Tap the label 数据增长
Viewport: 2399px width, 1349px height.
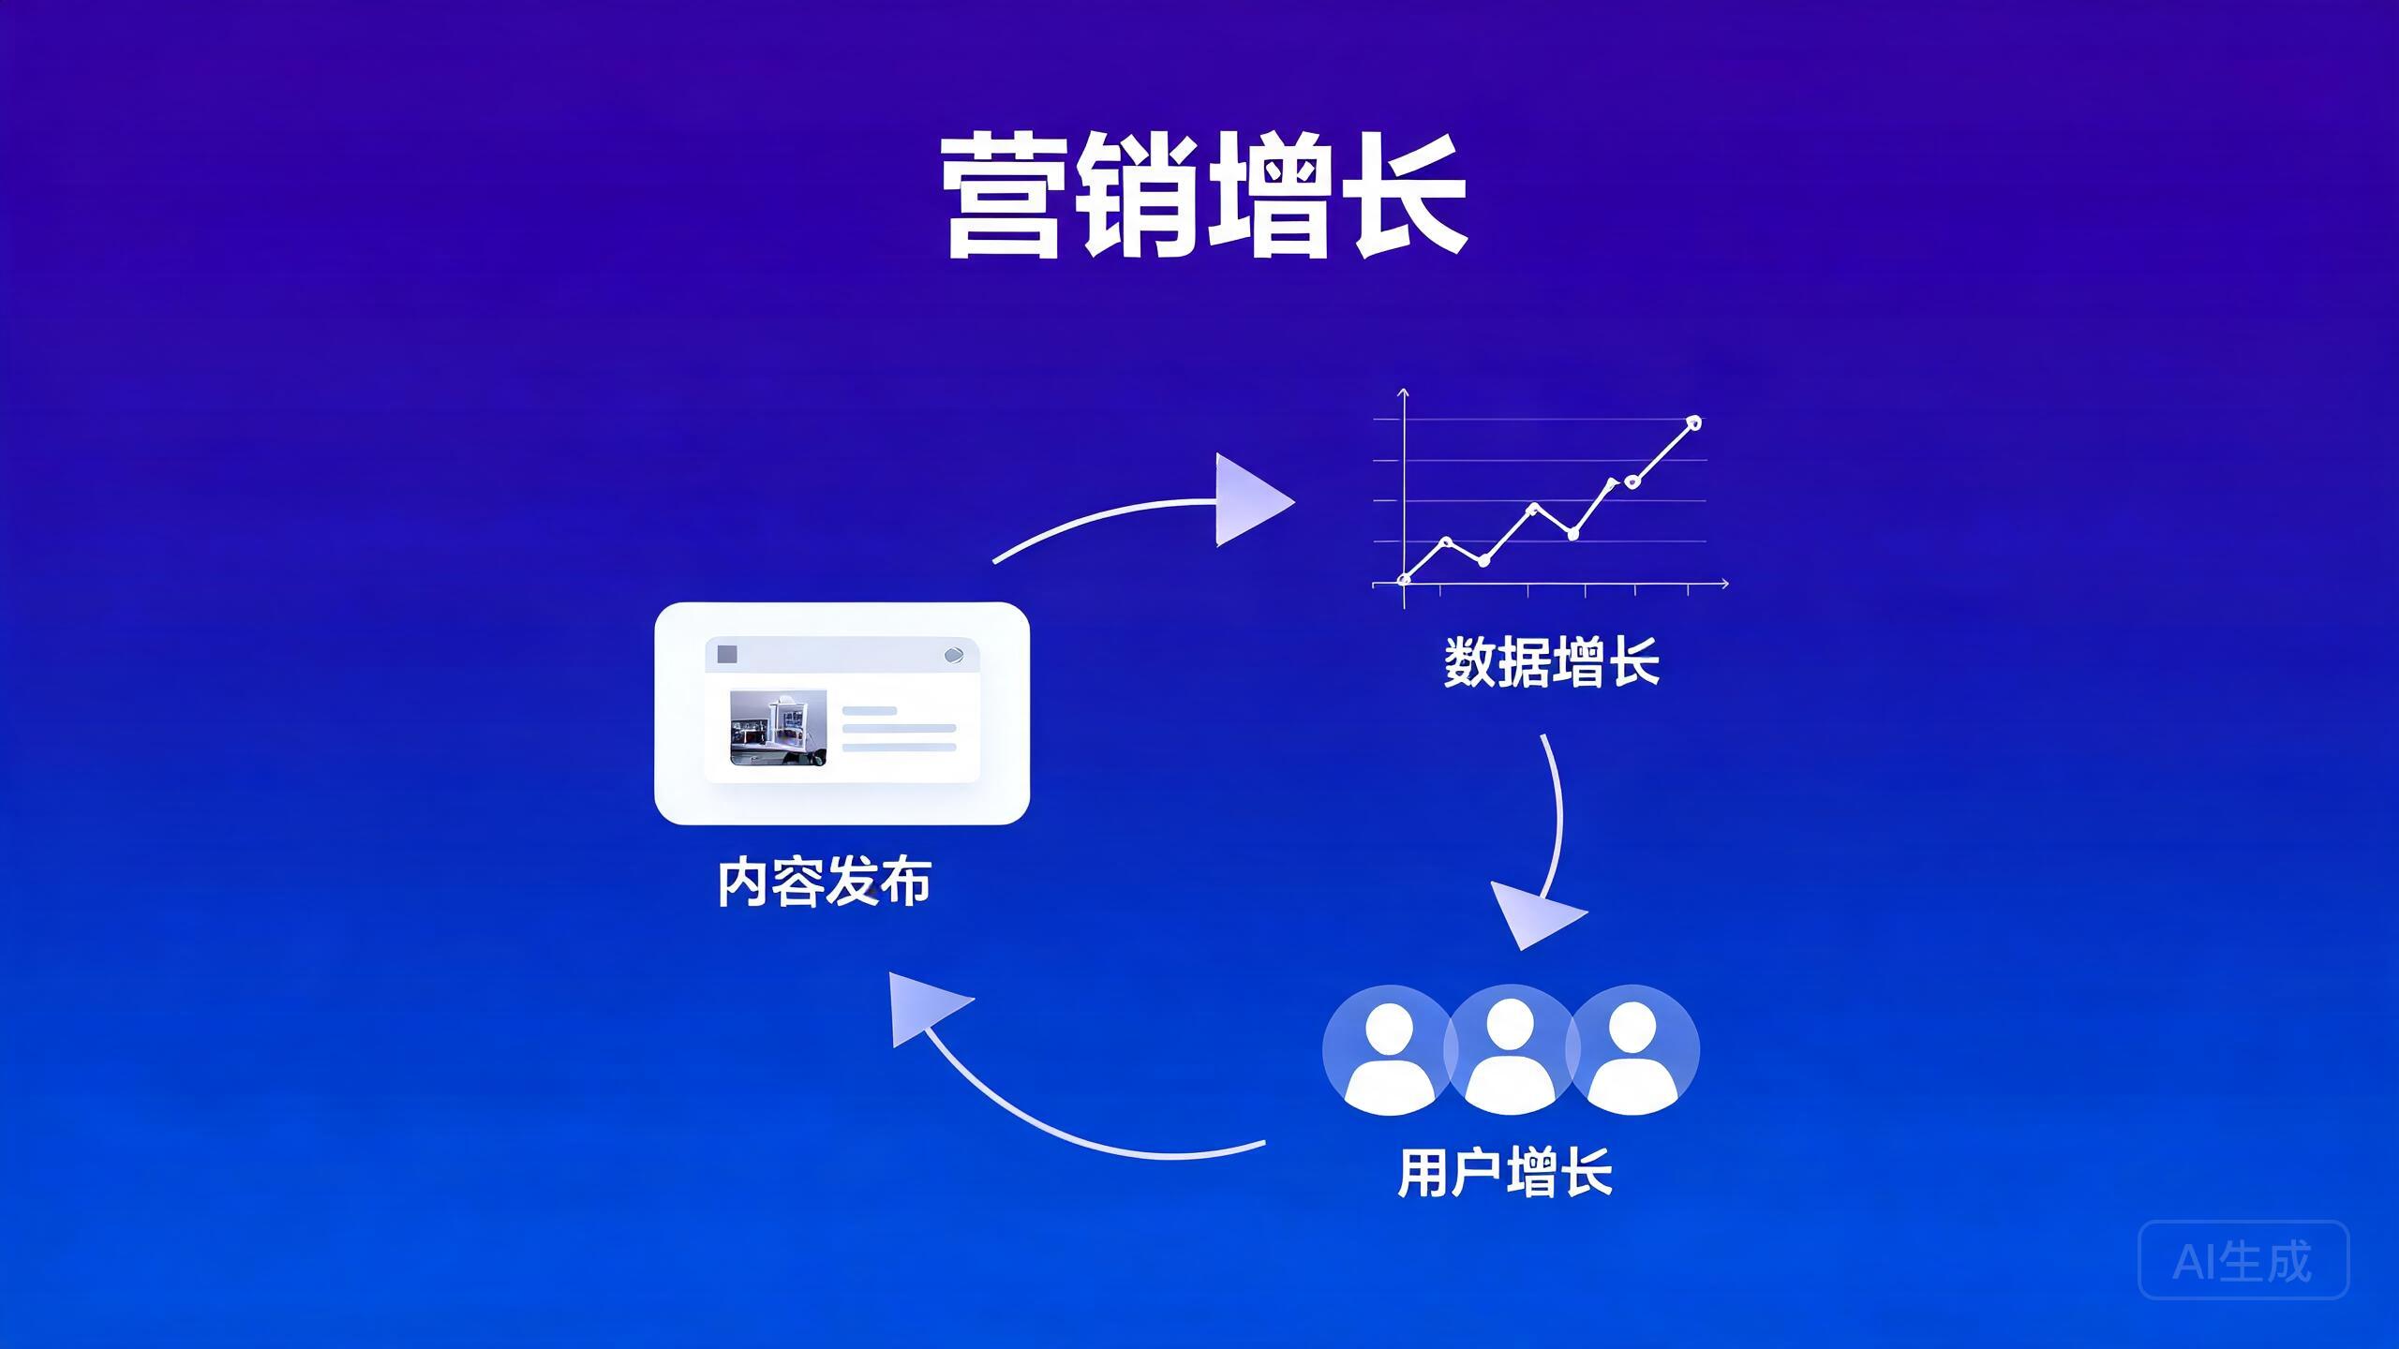click(1551, 662)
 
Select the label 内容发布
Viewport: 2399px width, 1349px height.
click(825, 882)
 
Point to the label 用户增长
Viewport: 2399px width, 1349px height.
click(1505, 1171)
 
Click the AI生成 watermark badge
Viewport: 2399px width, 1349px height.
click(2243, 1260)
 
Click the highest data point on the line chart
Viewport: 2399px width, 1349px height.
click(1693, 423)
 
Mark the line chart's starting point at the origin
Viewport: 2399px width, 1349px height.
click(1404, 580)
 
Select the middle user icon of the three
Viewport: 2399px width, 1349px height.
click(1510, 1050)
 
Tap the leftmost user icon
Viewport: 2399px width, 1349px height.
click(1389, 1050)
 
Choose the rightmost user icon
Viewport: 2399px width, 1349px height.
click(1632, 1050)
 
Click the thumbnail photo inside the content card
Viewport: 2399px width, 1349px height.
click(778, 729)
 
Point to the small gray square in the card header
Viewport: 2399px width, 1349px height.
click(727, 654)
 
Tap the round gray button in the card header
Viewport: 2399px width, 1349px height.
click(953, 655)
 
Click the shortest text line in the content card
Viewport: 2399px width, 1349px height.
click(870, 711)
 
